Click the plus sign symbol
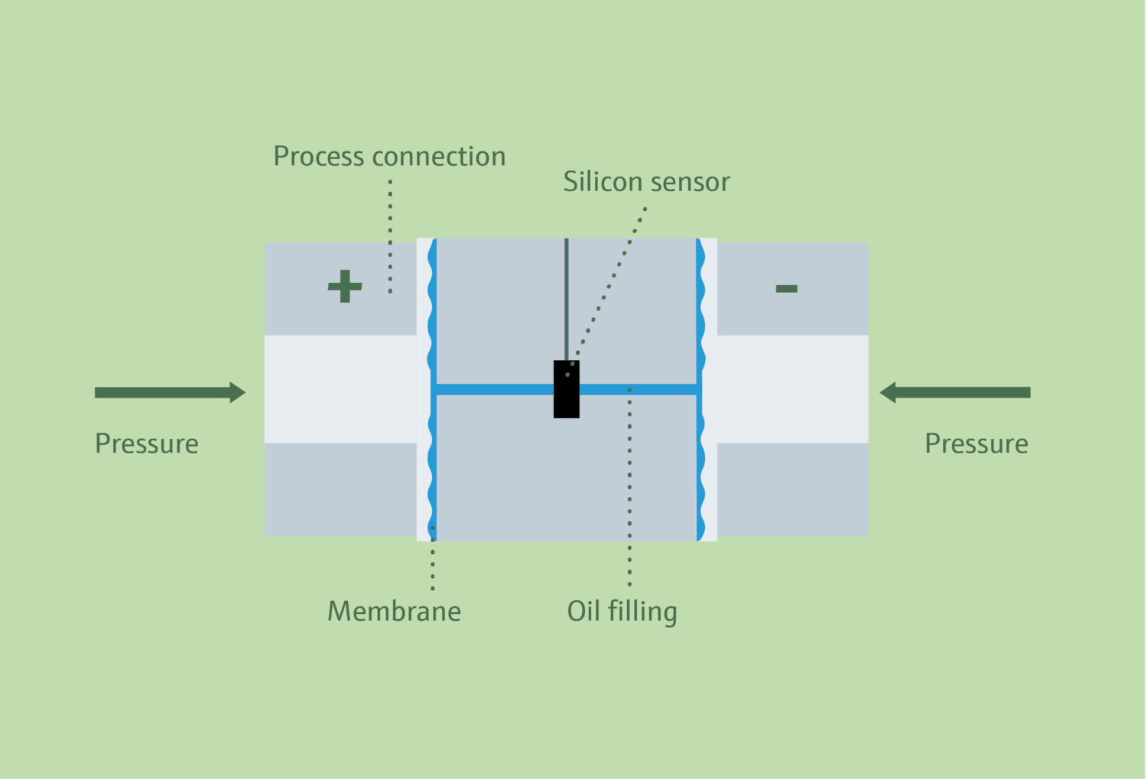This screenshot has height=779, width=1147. [x=345, y=287]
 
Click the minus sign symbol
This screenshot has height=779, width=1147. [x=786, y=288]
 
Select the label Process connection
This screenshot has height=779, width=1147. [x=389, y=157]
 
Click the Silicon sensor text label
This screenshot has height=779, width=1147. [x=646, y=182]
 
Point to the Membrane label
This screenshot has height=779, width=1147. [x=394, y=612]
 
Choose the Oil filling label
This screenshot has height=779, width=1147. [x=622, y=612]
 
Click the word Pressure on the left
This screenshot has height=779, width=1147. [x=147, y=444]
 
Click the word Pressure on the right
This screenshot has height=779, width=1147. [x=976, y=444]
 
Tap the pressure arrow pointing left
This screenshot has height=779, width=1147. [x=955, y=393]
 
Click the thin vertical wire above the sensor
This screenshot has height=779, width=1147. [x=567, y=298]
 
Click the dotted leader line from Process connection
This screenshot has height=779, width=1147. [x=390, y=237]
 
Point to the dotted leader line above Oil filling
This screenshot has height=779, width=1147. [x=629, y=489]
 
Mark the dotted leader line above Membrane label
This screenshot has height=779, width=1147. [x=432, y=558]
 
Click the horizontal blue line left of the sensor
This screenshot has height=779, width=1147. [x=493, y=390]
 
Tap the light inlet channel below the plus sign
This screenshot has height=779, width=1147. [x=340, y=389]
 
